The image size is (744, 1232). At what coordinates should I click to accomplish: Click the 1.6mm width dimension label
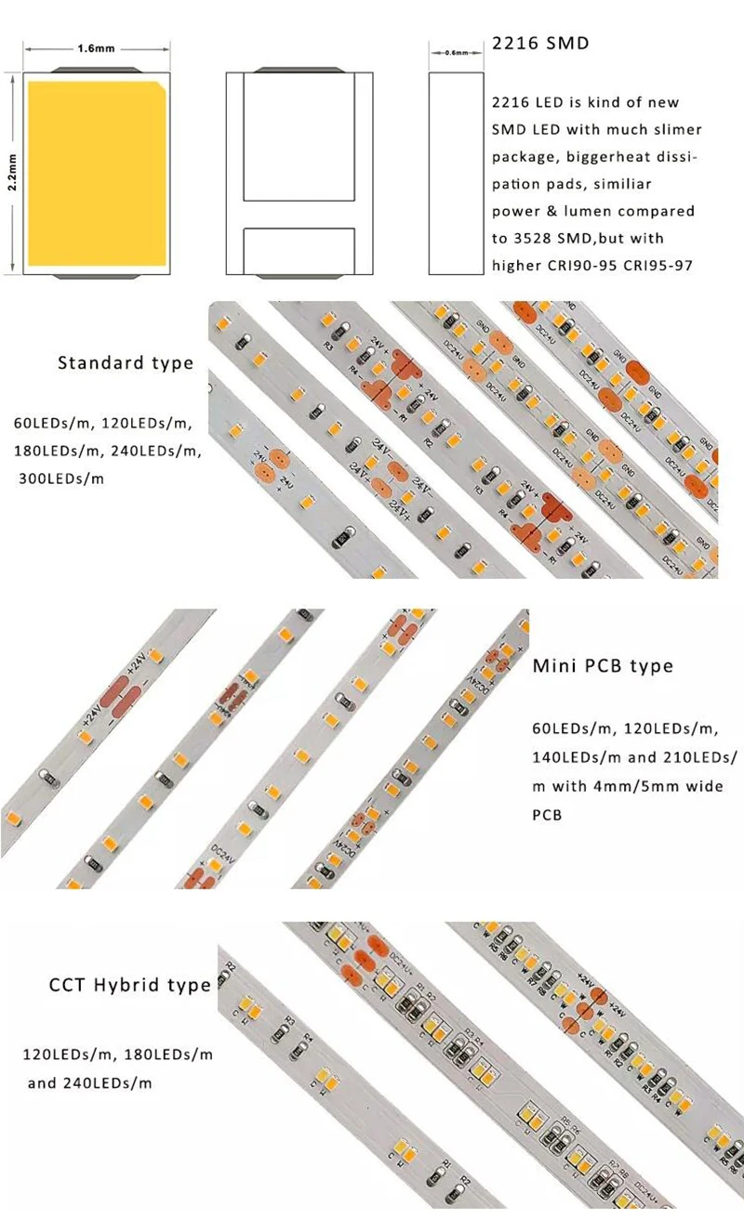97,48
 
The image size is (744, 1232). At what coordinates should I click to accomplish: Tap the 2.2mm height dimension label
12,171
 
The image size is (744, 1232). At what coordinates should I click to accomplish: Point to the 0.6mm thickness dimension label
457,53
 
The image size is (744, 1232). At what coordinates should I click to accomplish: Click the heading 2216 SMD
539,44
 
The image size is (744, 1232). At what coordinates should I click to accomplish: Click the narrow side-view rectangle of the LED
457,172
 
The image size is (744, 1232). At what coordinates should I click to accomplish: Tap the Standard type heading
126,362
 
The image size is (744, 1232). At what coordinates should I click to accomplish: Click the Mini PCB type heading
603,666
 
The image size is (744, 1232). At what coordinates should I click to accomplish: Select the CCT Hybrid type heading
129,985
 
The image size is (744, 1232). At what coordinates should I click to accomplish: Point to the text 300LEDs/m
62,479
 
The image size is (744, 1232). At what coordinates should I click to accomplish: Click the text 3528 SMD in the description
558,239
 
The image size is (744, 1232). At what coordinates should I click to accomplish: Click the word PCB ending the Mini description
547,815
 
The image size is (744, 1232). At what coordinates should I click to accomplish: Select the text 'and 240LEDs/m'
89,1083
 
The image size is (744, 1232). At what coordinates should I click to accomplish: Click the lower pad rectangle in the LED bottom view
299,251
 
